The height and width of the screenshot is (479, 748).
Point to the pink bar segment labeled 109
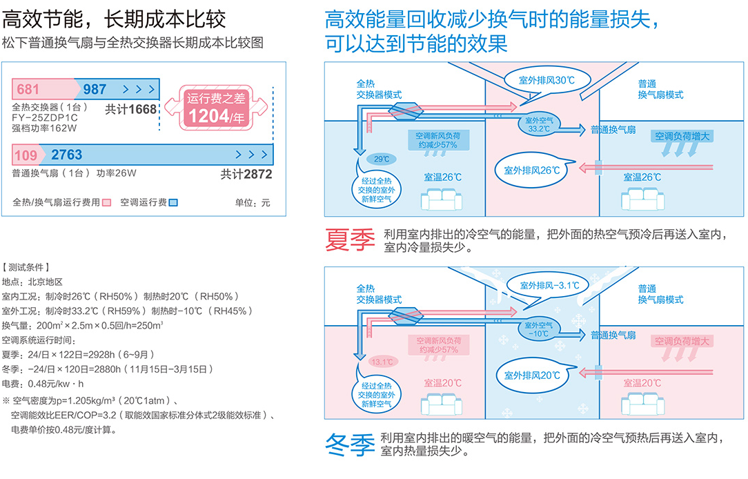[x=27, y=154]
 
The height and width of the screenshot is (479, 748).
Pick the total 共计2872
[x=246, y=174]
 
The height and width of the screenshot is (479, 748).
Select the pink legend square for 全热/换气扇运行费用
[x=106, y=203]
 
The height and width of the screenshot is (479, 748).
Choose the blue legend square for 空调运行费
[x=174, y=203]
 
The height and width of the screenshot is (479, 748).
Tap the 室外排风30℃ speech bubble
[x=547, y=81]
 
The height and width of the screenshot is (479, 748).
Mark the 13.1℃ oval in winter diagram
[x=382, y=361]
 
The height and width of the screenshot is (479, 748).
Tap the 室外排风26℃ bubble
[x=531, y=170]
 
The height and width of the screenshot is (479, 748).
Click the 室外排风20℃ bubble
[x=531, y=375]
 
